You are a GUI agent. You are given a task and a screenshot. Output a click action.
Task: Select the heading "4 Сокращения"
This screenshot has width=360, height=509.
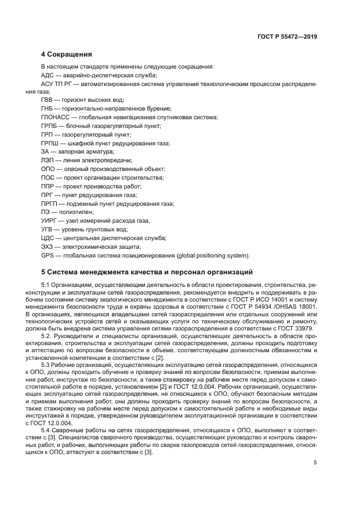[66, 54]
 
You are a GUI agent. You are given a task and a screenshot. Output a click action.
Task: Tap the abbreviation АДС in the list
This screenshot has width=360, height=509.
[47, 75]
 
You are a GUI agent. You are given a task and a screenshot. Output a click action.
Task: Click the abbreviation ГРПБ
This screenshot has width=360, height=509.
[50, 126]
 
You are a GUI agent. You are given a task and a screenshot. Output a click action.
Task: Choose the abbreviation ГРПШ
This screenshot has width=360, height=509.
[50, 143]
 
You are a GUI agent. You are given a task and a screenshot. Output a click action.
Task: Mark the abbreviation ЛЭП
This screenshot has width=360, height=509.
[47, 161]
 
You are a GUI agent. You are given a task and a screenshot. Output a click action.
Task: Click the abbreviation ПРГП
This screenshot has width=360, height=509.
[50, 204]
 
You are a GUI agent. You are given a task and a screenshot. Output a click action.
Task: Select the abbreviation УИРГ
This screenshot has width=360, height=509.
[49, 220]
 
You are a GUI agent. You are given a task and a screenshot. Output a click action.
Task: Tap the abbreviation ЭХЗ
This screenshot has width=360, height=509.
[47, 247]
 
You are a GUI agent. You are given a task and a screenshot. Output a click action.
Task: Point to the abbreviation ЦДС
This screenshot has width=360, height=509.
[47, 238]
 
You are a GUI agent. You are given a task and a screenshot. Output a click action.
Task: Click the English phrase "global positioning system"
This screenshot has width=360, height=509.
[212, 255]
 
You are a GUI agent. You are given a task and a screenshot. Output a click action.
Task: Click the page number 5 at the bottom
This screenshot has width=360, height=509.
[315, 462]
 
